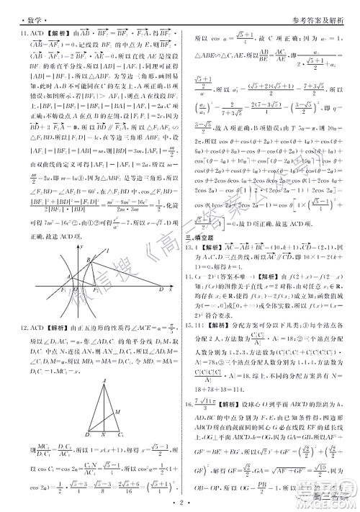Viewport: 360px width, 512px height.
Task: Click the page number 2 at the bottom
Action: click(180, 503)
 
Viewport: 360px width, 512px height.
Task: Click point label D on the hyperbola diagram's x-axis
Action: click(160, 289)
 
